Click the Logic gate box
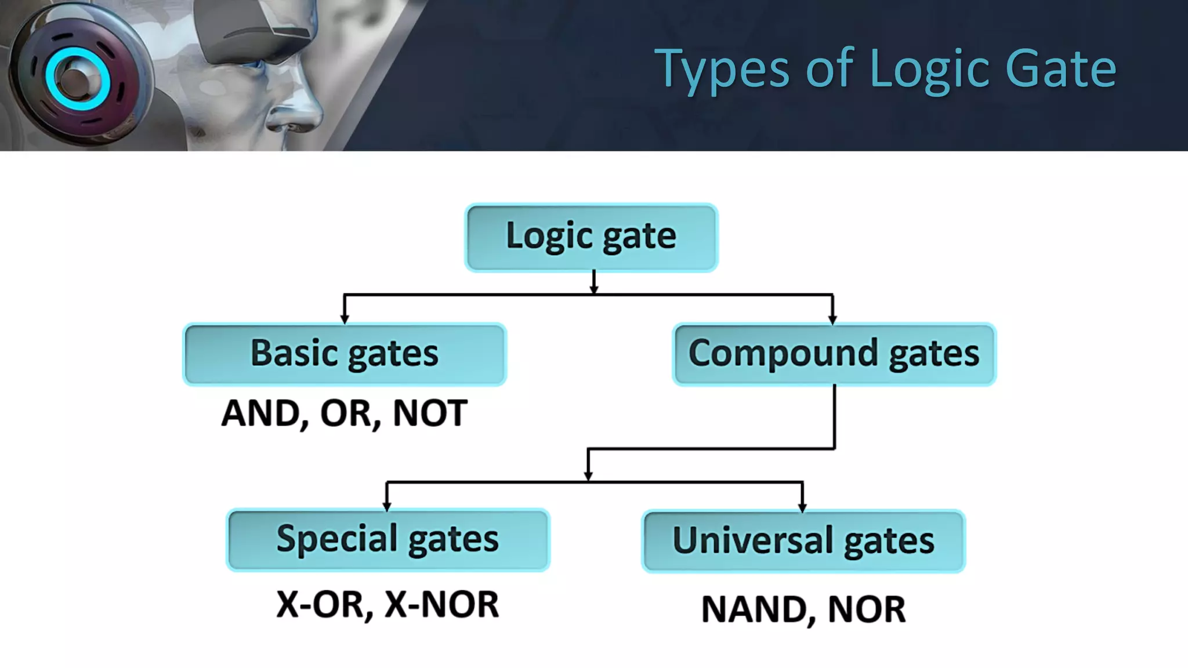click(x=591, y=237)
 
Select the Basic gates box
click(x=345, y=354)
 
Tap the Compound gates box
click(x=834, y=354)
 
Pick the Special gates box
click(x=387, y=540)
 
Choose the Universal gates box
click(x=803, y=541)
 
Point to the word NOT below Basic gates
click(x=430, y=413)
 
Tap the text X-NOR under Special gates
click(x=442, y=605)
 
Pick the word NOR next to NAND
click(x=867, y=609)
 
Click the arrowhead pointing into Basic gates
click(x=345, y=318)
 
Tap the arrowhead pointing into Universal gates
click(x=802, y=507)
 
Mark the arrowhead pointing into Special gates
click(x=387, y=506)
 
